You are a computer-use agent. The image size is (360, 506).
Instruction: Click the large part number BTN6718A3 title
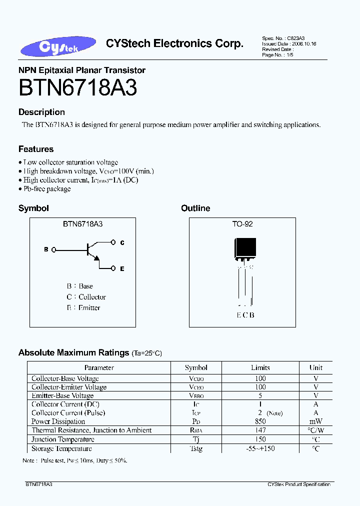(x=77, y=88)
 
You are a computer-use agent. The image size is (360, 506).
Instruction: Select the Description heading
(x=41, y=112)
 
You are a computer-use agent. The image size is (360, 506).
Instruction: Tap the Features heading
(x=36, y=149)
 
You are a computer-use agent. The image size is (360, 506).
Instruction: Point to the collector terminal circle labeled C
(x=113, y=242)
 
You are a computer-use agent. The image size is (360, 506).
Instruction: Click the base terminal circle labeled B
(x=53, y=249)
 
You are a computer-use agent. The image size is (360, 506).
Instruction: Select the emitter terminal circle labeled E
(x=113, y=268)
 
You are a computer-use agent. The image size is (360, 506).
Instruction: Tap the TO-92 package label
(x=242, y=224)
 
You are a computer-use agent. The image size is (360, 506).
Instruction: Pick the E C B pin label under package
(x=245, y=315)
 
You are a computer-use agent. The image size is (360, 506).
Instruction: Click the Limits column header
(x=260, y=367)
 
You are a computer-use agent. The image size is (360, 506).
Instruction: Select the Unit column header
(x=316, y=367)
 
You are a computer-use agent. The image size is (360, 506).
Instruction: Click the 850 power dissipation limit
(x=260, y=421)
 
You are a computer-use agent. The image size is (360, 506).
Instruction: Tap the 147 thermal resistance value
(x=260, y=430)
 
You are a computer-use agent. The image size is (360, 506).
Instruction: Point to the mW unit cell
(x=316, y=421)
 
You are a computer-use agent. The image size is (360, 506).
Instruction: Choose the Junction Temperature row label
(x=62, y=439)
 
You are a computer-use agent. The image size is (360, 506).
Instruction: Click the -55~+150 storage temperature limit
(x=260, y=448)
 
